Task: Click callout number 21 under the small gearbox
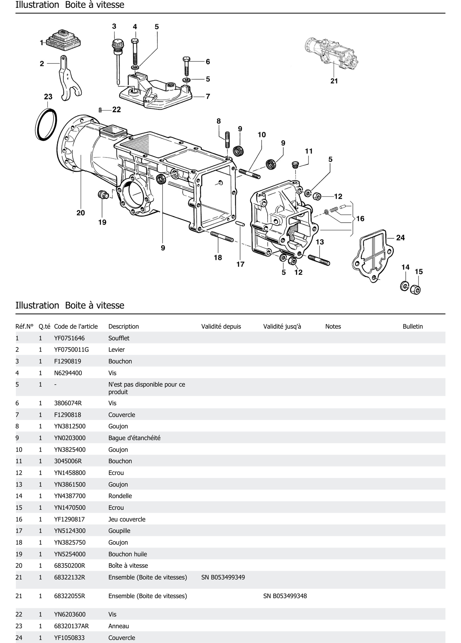point(334,81)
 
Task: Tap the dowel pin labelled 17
point(240,224)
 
